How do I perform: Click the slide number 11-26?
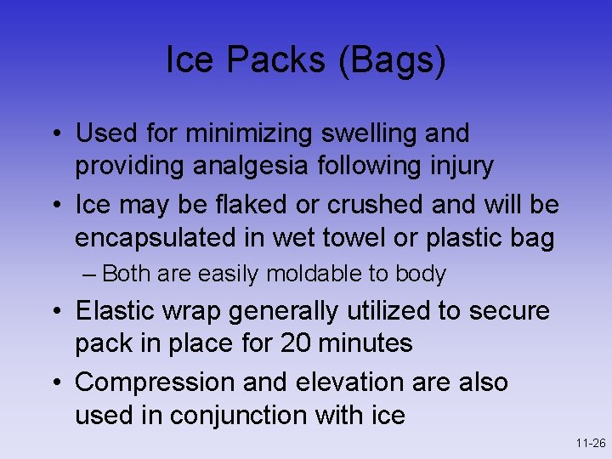pyautogui.click(x=589, y=444)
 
